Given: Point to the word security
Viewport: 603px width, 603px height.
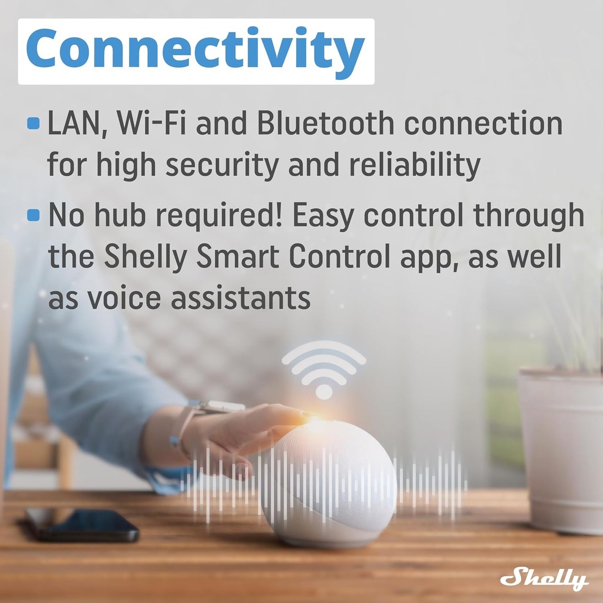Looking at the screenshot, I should pos(222,165).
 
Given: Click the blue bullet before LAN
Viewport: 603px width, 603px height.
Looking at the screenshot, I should pos(33,124).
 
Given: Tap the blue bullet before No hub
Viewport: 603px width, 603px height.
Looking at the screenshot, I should pos(33,215).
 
